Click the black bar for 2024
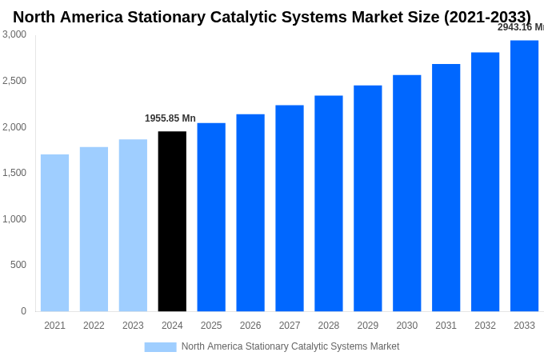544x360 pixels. pyautogui.click(x=172, y=222)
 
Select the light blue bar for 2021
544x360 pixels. pyautogui.click(x=54, y=233)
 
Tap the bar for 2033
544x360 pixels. pyautogui.click(x=524, y=176)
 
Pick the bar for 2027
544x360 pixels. pyautogui.click(x=290, y=208)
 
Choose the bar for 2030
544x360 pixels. pyautogui.click(x=406, y=193)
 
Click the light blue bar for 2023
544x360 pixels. pyautogui.click(x=133, y=226)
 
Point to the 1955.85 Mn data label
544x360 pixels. pyautogui.click(x=170, y=118)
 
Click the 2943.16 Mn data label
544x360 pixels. pyautogui.click(x=520, y=27)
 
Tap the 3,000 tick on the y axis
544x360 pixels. pyautogui.click(x=14, y=34)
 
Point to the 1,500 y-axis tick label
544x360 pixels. pyautogui.click(x=14, y=173)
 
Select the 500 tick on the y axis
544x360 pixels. pyautogui.click(x=18, y=265)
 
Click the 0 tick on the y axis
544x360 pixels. pyautogui.click(x=23, y=311)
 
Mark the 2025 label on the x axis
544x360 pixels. pyautogui.click(x=211, y=326)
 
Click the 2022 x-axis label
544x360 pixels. pyautogui.click(x=94, y=326)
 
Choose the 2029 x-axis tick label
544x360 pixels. pyautogui.click(x=367, y=326)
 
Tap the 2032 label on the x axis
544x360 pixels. pyautogui.click(x=485, y=326)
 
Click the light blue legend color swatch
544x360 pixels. pyautogui.click(x=160, y=347)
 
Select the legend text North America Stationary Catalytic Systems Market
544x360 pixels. pyautogui.click(x=290, y=346)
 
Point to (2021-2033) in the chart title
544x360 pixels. pyautogui.click(x=486, y=17)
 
